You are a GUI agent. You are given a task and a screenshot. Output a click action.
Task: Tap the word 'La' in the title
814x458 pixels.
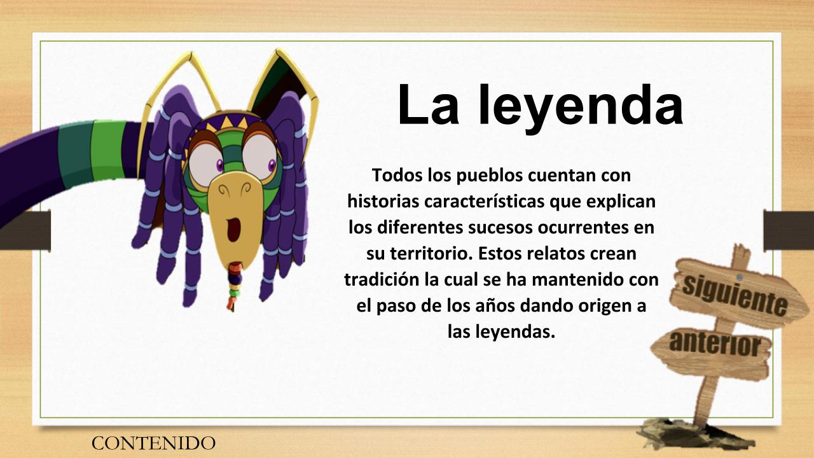click(429, 105)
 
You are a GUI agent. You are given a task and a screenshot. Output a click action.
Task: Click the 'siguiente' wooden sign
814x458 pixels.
click(735, 295)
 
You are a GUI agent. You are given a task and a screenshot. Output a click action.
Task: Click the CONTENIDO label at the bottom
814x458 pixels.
click(153, 443)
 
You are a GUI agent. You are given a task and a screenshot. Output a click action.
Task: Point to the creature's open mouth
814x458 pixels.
click(233, 229)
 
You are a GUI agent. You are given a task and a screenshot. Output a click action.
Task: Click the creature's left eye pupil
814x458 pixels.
click(219, 165)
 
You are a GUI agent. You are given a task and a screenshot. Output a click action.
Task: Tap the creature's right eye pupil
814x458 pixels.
click(272, 166)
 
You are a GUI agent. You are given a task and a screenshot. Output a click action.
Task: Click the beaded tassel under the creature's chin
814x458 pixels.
click(234, 286)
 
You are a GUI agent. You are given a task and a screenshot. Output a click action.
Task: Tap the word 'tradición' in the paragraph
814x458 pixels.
click(382, 279)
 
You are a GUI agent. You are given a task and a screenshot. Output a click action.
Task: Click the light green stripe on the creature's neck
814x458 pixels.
click(108, 149)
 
